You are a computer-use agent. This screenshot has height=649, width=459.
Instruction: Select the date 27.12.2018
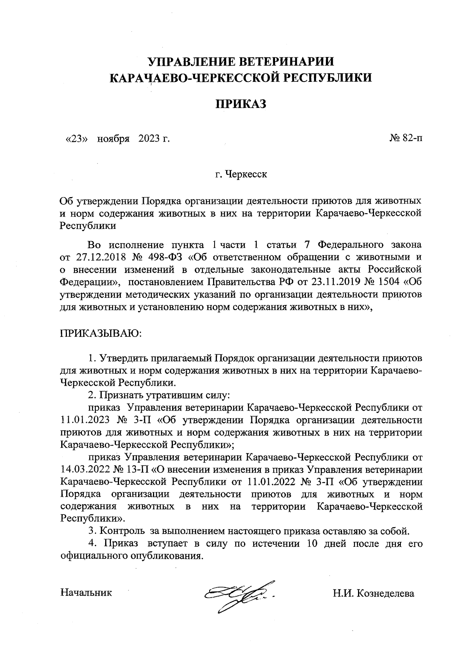pyautogui.click(x=99, y=257)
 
